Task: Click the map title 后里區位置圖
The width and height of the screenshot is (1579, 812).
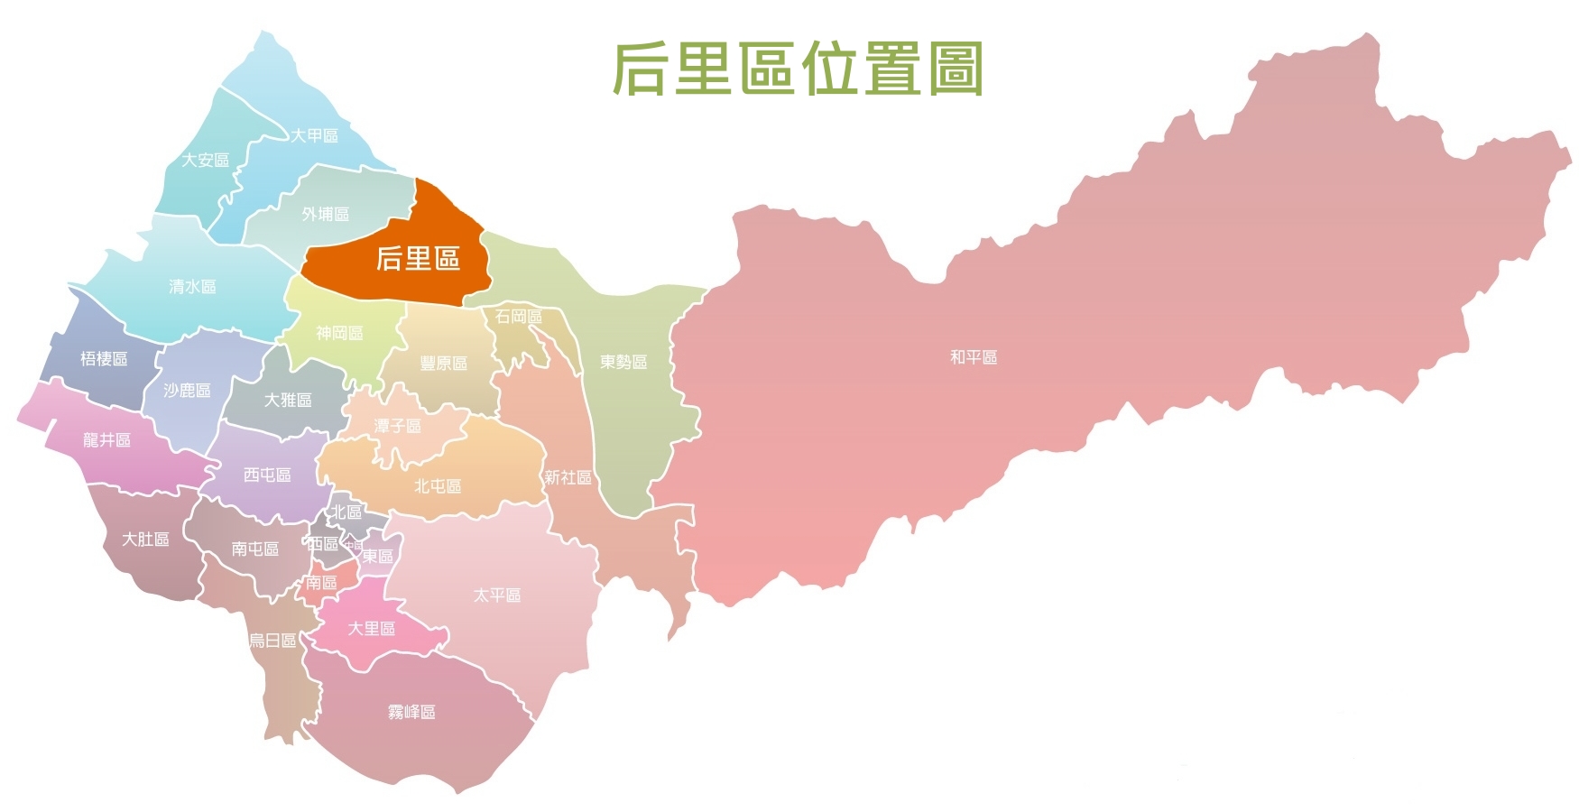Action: [x=798, y=69]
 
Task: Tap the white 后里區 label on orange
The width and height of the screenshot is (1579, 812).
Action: [x=418, y=259]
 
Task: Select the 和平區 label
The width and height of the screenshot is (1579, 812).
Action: [x=974, y=357]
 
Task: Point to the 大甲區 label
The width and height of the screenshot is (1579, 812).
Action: [x=314, y=135]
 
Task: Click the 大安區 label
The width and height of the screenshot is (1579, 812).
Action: [x=205, y=160]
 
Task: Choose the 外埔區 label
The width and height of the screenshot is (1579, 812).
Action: [x=325, y=214]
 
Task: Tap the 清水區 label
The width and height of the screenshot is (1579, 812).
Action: [x=192, y=286]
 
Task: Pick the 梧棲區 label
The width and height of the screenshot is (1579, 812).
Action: [x=104, y=358]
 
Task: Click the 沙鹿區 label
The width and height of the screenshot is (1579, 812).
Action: [x=187, y=390]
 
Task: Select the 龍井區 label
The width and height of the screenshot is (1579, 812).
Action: [x=106, y=439]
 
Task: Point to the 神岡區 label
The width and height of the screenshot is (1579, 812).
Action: [x=339, y=333]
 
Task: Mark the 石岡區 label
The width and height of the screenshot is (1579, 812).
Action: [x=518, y=317]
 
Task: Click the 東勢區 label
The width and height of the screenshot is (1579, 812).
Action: [x=623, y=362]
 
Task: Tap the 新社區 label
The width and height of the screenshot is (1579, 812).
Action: [x=568, y=477]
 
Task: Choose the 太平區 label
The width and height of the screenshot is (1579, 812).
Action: [x=497, y=595]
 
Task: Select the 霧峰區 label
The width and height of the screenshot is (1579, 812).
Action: [x=411, y=712]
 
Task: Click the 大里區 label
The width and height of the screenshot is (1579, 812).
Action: [x=372, y=628]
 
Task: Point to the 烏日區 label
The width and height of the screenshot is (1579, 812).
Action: [x=272, y=641]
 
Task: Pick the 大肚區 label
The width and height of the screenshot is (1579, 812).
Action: [x=145, y=539]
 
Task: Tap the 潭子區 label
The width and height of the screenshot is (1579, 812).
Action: [x=397, y=425]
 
